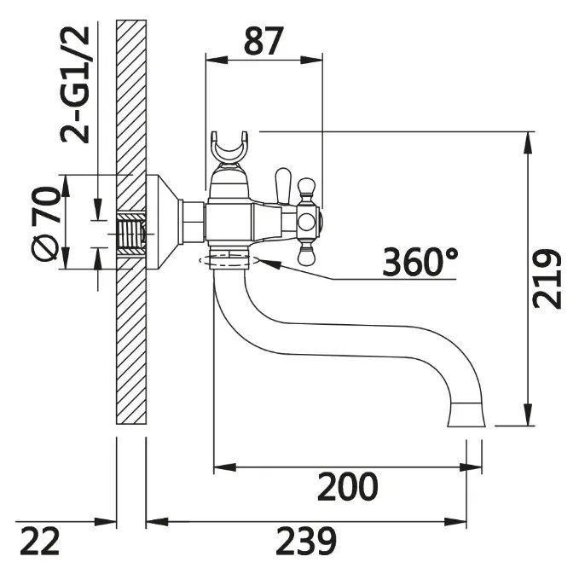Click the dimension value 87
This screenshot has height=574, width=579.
coord(263,41)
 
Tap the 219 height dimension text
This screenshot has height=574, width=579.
coord(547,279)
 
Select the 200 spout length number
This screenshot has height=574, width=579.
coord(348,486)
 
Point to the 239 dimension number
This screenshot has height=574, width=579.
coord(306,541)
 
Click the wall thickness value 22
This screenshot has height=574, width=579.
coord(39,541)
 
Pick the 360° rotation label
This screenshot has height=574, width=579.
coord(420,262)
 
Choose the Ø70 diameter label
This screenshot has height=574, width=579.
coord(46,223)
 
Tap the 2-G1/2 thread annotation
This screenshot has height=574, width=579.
coord(75,84)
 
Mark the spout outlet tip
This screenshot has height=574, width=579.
coord(466,415)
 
